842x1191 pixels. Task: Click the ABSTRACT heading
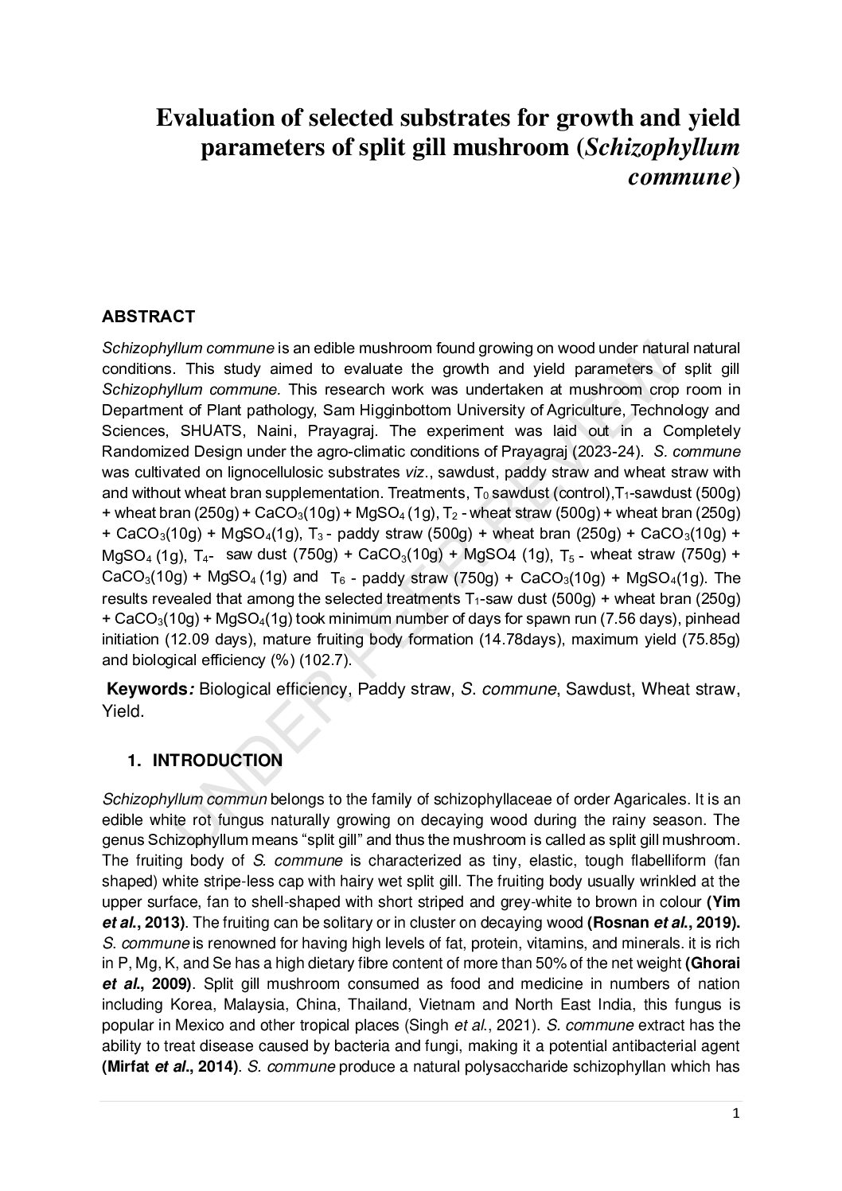click(x=148, y=317)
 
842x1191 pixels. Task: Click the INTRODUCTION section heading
click(x=216, y=761)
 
